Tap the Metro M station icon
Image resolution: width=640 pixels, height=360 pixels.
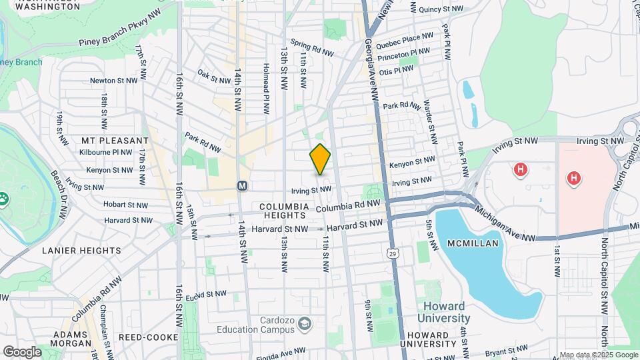[x=242, y=185]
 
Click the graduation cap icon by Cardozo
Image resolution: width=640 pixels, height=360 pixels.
[x=305, y=324]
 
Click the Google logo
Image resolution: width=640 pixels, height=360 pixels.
[x=22, y=352]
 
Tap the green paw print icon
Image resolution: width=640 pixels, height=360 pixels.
[x=3, y=198]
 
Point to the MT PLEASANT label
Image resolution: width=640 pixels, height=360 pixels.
[x=115, y=141]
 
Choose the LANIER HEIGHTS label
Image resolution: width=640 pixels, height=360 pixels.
[x=81, y=251]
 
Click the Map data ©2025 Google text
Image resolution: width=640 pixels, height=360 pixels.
[x=598, y=354]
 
